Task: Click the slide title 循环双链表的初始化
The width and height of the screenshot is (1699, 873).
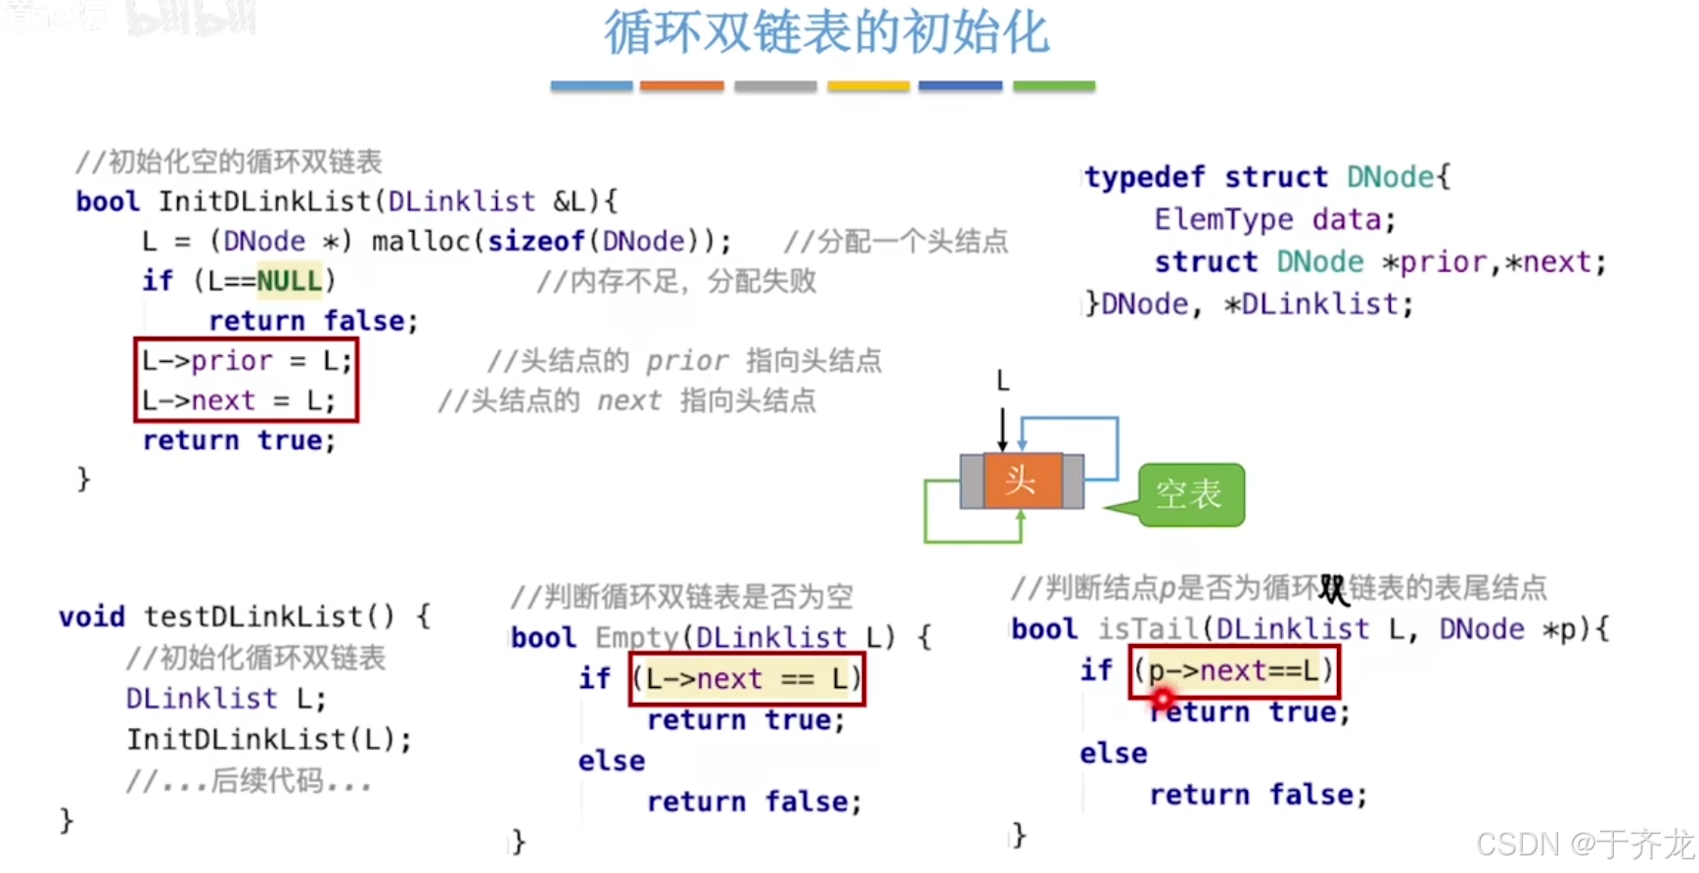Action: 826,33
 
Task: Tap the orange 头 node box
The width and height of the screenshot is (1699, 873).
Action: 1022,481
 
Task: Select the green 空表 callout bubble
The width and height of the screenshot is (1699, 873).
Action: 1191,494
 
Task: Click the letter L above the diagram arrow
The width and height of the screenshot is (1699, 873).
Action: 1002,381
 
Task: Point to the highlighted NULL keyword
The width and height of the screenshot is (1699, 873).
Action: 289,281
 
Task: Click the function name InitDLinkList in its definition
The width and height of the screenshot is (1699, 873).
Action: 265,202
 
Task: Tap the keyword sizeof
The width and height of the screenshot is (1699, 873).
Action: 536,242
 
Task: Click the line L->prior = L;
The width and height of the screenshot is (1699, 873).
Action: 246,361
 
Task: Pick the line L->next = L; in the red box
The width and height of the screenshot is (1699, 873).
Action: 238,401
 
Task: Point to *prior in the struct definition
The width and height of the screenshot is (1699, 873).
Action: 1434,262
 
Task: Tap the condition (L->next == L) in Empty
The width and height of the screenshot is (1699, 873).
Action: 747,679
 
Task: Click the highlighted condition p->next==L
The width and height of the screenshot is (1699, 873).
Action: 1233,671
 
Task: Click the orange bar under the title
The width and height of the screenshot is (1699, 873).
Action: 681,86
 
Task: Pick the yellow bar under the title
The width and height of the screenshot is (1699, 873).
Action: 868,86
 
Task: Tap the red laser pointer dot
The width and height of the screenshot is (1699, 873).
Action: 1163,699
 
